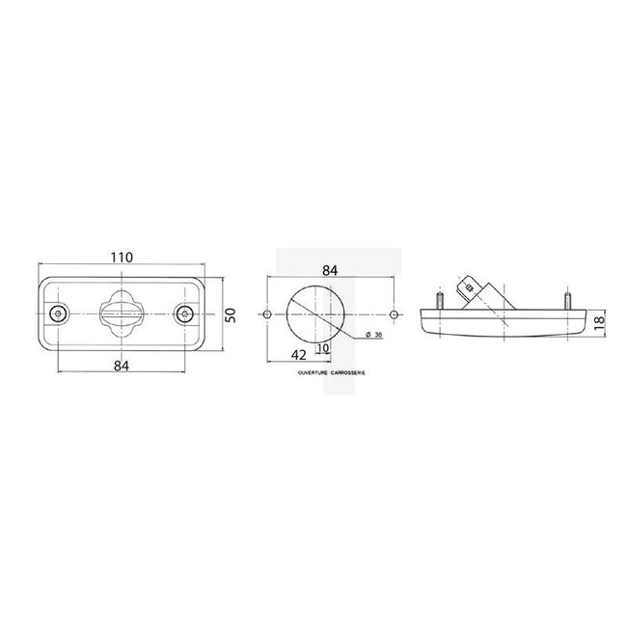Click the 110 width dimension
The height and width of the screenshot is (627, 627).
121,259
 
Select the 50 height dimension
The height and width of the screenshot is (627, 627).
231,314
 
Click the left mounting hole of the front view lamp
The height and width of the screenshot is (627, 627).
59,313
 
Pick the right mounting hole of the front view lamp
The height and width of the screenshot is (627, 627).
184,313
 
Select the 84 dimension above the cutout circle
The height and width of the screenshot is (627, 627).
329,271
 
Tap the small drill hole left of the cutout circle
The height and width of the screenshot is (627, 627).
266,314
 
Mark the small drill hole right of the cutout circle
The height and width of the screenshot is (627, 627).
395,314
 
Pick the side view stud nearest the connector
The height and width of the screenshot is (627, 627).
439,300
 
